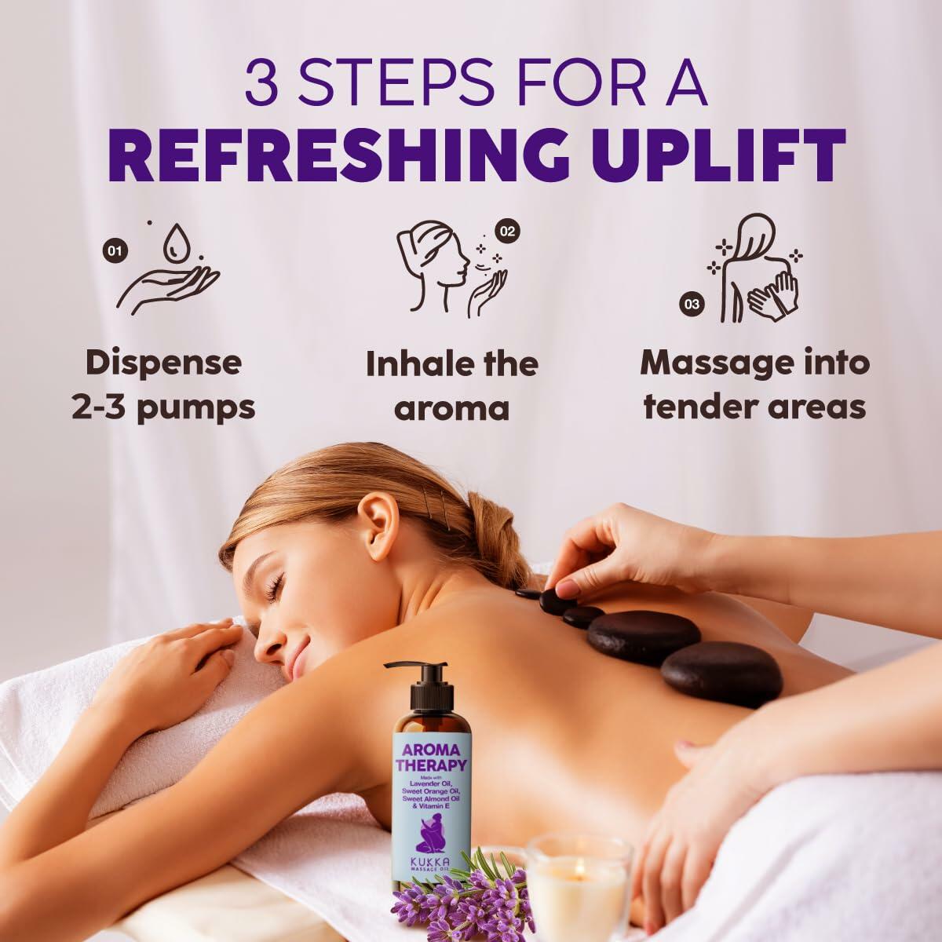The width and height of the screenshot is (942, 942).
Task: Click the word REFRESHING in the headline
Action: [335, 156]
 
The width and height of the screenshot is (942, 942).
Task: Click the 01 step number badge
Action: [114, 251]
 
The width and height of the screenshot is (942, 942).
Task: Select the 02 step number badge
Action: [507, 232]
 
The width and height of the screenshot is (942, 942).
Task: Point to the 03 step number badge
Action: [692, 305]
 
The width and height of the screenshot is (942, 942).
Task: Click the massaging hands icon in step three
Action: [774, 297]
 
